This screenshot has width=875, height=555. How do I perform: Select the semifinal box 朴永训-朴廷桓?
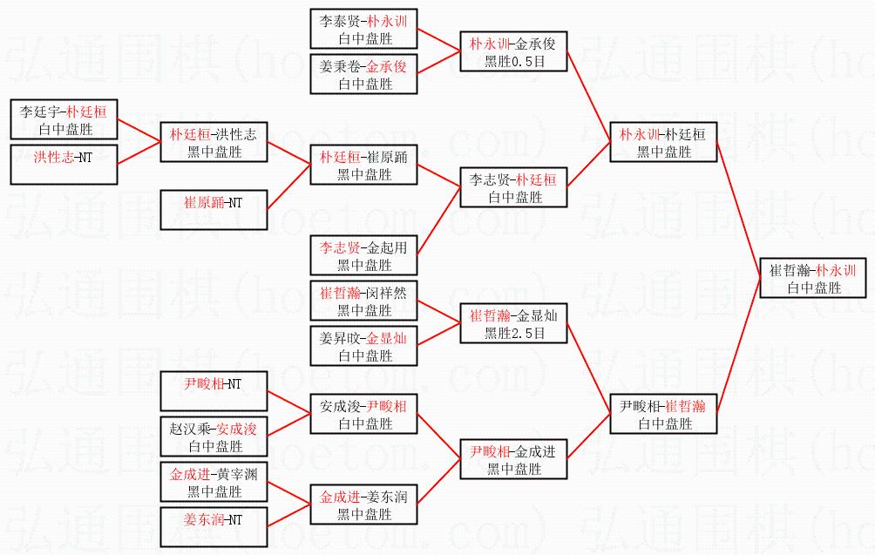663,142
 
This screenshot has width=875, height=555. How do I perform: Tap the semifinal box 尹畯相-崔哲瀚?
663,414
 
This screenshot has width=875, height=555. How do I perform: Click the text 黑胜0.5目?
513,62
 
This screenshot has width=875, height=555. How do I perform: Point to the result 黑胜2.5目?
513,334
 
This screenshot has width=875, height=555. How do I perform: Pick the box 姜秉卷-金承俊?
364,74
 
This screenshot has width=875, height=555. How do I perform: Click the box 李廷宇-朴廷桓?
64,119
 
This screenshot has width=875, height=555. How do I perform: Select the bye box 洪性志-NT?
64,165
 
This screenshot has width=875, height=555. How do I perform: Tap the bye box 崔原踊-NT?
214,210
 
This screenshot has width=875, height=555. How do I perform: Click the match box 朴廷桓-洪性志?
214,142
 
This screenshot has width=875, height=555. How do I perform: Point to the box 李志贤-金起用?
364,256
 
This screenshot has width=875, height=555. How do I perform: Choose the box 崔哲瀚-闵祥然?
364,301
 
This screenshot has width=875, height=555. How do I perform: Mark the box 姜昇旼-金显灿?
364,346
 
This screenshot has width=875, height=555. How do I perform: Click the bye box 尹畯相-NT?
214,391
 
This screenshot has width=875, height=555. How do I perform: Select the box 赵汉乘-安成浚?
214,437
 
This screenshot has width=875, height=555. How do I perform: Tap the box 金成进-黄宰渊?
214,482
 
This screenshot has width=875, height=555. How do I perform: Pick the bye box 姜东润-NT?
214,527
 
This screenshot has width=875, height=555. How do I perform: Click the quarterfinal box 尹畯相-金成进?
513,459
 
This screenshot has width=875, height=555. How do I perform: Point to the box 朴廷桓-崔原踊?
364,165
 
